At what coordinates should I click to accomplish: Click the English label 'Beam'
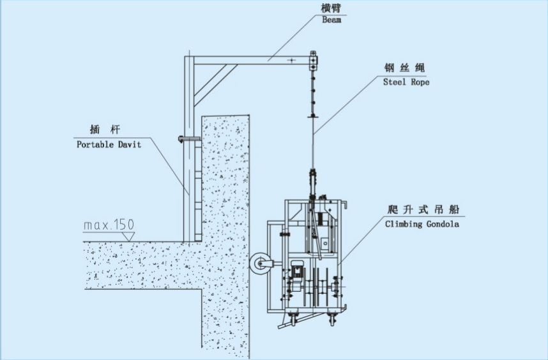click(331, 20)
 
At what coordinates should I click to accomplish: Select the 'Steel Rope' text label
click(406, 82)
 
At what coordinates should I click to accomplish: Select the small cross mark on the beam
click(291, 60)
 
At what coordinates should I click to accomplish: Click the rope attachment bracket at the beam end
click(313, 61)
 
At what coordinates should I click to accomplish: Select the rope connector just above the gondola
click(313, 176)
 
